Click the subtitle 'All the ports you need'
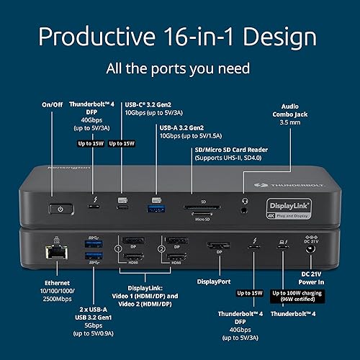click(x=180, y=68)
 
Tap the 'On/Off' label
click(x=53, y=104)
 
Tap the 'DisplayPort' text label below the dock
click(x=217, y=284)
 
